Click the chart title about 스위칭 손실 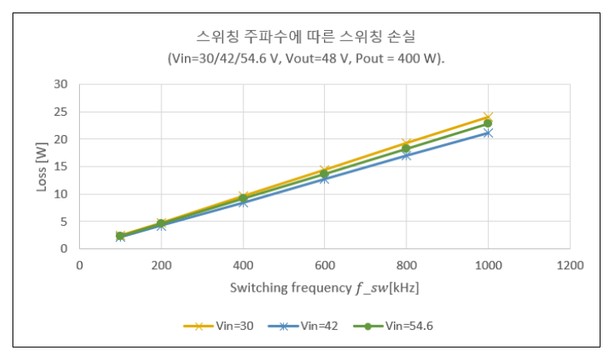point(306,37)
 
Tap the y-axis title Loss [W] point(42,166)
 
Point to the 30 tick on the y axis point(61,84)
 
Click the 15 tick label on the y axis point(61,167)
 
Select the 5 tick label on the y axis point(64,222)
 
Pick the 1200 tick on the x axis point(570,265)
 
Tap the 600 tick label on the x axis point(324,265)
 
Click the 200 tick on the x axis point(161,265)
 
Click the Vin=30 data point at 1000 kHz point(488,117)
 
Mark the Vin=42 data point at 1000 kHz point(488,132)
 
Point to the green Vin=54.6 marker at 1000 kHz point(488,123)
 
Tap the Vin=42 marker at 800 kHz point(406,155)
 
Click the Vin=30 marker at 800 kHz point(406,143)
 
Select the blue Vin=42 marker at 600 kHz point(324,178)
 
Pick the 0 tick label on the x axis point(79,265)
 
